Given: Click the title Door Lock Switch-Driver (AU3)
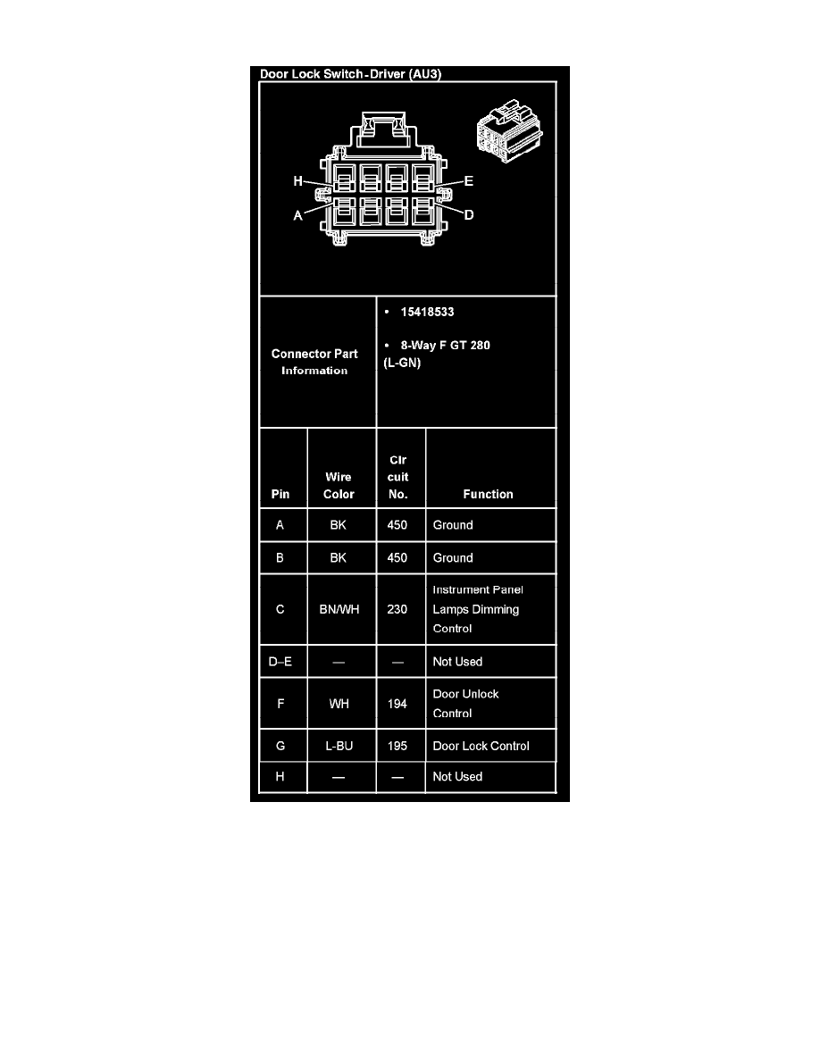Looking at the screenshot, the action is pyautogui.click(x=350, y=74).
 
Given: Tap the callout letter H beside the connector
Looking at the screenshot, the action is pyautogui.click(x=297, y=180).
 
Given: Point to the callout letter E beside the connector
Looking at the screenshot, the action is pyautogui.click(x=468, y=180).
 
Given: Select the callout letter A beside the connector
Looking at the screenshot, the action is pyautogui.click(x=297, y=215).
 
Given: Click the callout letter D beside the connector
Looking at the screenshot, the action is pyautogui.click(x=469, y=214).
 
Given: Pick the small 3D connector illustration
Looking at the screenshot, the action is pyautogui.click(x=509, y=131).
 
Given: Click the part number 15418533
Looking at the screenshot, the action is pyautogui.click(x=427, y=312).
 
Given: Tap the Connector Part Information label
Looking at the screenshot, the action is pyautogui.click(x=314, y=362).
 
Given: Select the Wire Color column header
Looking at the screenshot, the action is pyautogui.click(x=339, y=485).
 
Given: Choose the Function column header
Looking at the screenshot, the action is pyautogui.click(x=488, y=494).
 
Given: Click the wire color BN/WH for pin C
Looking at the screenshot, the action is pyautogui.click(x=339, y=609).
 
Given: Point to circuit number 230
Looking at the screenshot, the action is pyautogui.click(x=397, y=609).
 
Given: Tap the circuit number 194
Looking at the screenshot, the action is pyautogui.click(x=397, y=704).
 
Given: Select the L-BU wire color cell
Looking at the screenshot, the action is pyautogui.click(x=339, y=746).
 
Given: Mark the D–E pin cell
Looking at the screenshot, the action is pyautogui.click(x=280, y=661).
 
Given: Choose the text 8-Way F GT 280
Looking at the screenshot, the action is pyautogui.click(x=445, y=345).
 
